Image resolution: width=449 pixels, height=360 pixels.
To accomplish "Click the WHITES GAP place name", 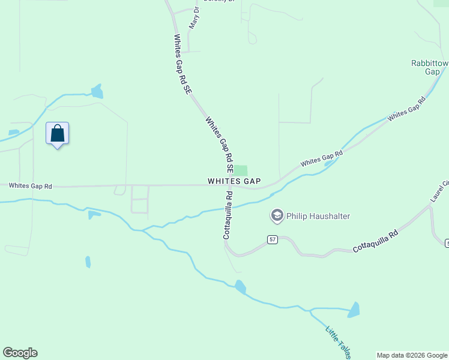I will click(234, 181).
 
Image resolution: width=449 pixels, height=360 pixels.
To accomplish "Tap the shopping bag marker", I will click(58, 133).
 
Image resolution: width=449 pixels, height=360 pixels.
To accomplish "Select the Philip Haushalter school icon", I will click(277, 215).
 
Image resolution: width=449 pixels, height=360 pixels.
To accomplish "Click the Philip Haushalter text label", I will click(318, 216).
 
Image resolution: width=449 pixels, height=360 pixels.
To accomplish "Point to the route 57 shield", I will click(273, 239).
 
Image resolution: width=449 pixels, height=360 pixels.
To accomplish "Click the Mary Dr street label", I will click(193, 19).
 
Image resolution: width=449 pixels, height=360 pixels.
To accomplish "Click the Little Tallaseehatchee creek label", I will click(339, 341).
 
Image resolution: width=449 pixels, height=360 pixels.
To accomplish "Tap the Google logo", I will click(20, 353).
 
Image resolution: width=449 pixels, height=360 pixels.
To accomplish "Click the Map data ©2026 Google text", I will click(411, 355).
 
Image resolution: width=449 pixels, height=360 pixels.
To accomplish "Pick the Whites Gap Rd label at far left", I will click(30, 187).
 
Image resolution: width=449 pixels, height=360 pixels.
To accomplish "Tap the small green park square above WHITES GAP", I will click(240, 171).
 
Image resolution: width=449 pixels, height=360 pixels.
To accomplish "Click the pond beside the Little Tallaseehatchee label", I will click(354, 310).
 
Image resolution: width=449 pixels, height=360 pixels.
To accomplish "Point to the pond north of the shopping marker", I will click(97, 91).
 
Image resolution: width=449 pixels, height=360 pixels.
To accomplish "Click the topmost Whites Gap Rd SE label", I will click(182, 64).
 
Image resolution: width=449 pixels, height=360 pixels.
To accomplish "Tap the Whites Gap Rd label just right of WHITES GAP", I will click(321, 158).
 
